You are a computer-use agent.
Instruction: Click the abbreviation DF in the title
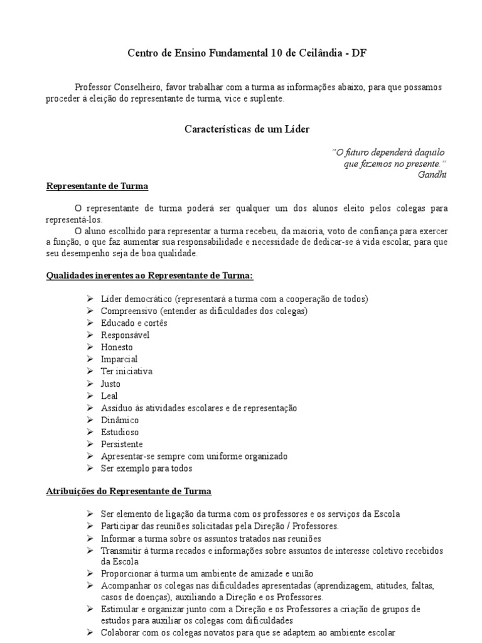359,54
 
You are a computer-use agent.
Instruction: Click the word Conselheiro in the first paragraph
135,87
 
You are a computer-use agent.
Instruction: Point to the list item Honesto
117,347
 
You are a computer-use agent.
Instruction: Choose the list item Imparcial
118,359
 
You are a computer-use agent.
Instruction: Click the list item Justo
110,384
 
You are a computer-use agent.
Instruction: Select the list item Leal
109,396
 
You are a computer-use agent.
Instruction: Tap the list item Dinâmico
120,420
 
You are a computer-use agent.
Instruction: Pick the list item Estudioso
120,432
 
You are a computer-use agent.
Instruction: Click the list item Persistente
122,445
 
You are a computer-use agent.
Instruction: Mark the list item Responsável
125,335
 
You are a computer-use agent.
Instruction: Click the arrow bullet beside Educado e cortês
91,322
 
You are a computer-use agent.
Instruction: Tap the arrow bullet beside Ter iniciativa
91,371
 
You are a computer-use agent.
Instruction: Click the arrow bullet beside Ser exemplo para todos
91,468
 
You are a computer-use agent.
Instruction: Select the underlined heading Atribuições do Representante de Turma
129,491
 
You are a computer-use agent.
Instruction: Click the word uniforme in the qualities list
213,457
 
